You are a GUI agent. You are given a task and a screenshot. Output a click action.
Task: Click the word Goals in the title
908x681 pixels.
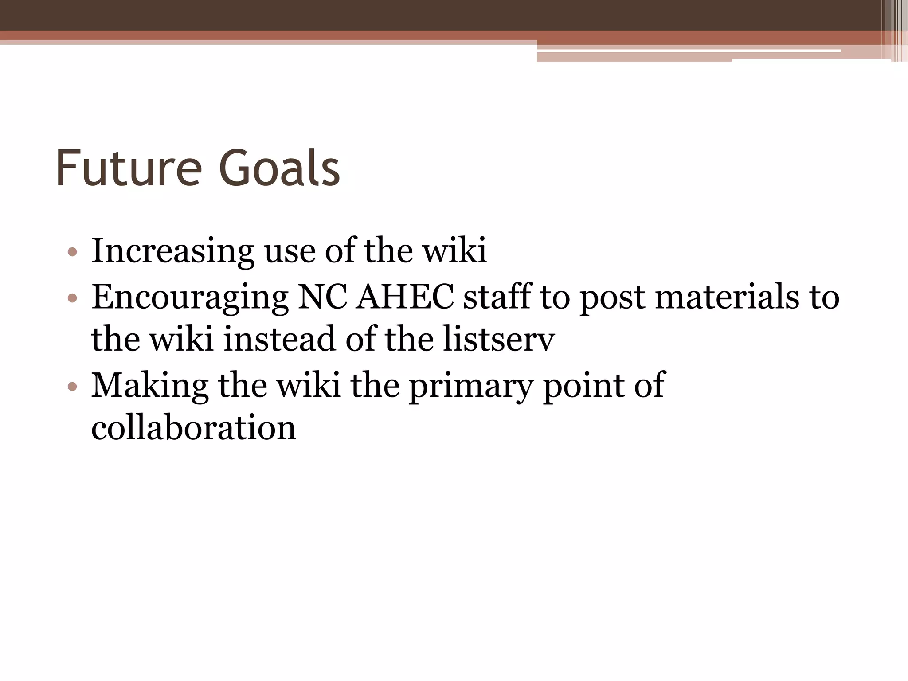pos(279,168)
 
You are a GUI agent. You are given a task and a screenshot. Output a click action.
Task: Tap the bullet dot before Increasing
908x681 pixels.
pos(73,253)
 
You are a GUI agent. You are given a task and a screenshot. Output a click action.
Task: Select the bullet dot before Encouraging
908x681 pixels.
pos(73,298)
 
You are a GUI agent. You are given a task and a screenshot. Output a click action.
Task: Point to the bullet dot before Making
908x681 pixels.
pos(73,387)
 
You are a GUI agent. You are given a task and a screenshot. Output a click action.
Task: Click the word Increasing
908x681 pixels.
pos(172,251)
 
